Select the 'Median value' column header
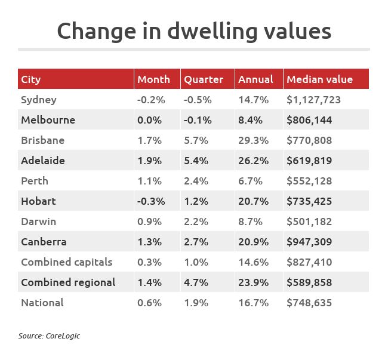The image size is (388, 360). click(319, 79)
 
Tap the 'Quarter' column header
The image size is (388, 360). click(204, 79)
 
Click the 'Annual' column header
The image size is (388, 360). click(255, 79)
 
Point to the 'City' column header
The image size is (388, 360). click(31, 79)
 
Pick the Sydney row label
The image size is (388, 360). click(39, 100)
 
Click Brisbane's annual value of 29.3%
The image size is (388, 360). click(254, 140)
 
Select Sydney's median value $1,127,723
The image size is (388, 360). click(314, 100)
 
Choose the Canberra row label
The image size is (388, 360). click(44, 242)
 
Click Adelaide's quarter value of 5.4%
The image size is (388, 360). click(196, 161)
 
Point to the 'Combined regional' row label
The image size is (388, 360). click(68, 282)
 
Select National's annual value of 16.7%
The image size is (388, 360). click(254, 303)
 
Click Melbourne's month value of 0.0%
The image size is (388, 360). click(149, 120)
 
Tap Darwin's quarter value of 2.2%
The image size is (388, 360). click(196, 221)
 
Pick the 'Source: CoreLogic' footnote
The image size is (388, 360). click(49, 336)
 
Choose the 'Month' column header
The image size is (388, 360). click(154, 79)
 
